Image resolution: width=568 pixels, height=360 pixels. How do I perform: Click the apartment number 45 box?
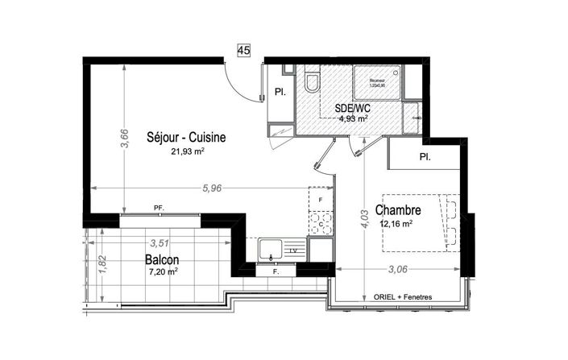click(x=244, y=50)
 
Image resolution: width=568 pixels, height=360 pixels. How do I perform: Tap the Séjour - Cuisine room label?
click(x=185, y=137)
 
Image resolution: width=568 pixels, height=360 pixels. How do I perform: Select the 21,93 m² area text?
click(x=186, y=150)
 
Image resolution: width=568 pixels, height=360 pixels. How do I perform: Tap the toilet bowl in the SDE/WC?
click(x=311, y=84)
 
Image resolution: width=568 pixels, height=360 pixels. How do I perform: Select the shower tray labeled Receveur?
click(x=377, y=87)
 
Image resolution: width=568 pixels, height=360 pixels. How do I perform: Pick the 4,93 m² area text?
click(x=353, y=118)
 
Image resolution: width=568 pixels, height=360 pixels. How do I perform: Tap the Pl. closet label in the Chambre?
click(x=424, y=157)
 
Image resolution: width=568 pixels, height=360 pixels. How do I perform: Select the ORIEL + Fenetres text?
click(x=403, y=297)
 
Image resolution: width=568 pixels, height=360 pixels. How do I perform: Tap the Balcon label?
click(x=162, y=260)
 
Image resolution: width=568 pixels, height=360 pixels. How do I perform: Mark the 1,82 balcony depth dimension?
click(x=102, y=265)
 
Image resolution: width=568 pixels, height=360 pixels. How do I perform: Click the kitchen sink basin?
click(x=272, y=251)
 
